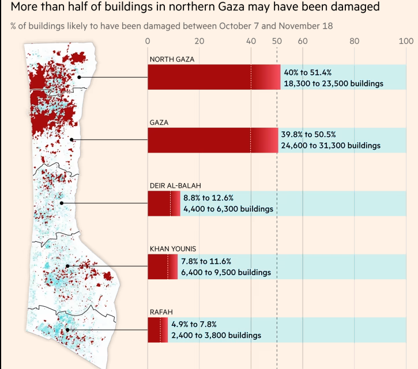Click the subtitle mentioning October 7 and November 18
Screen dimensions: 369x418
coord(171,26)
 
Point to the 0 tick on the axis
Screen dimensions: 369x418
coord(148,41)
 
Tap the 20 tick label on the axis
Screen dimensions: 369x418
coord(199,41)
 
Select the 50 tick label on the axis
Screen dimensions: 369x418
coord(277,41)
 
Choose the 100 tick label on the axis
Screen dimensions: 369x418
coord(406,41)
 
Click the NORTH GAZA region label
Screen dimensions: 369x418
coord(172,59)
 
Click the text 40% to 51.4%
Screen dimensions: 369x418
coord(307,73)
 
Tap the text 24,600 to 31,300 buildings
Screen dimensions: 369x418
coord(330,146)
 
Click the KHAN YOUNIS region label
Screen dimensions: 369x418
coord(173,249)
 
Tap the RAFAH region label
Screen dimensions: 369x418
coord(161,312)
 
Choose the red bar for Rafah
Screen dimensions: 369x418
coord(157,330)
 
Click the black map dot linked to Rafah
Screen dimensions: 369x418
coord(68,330)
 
